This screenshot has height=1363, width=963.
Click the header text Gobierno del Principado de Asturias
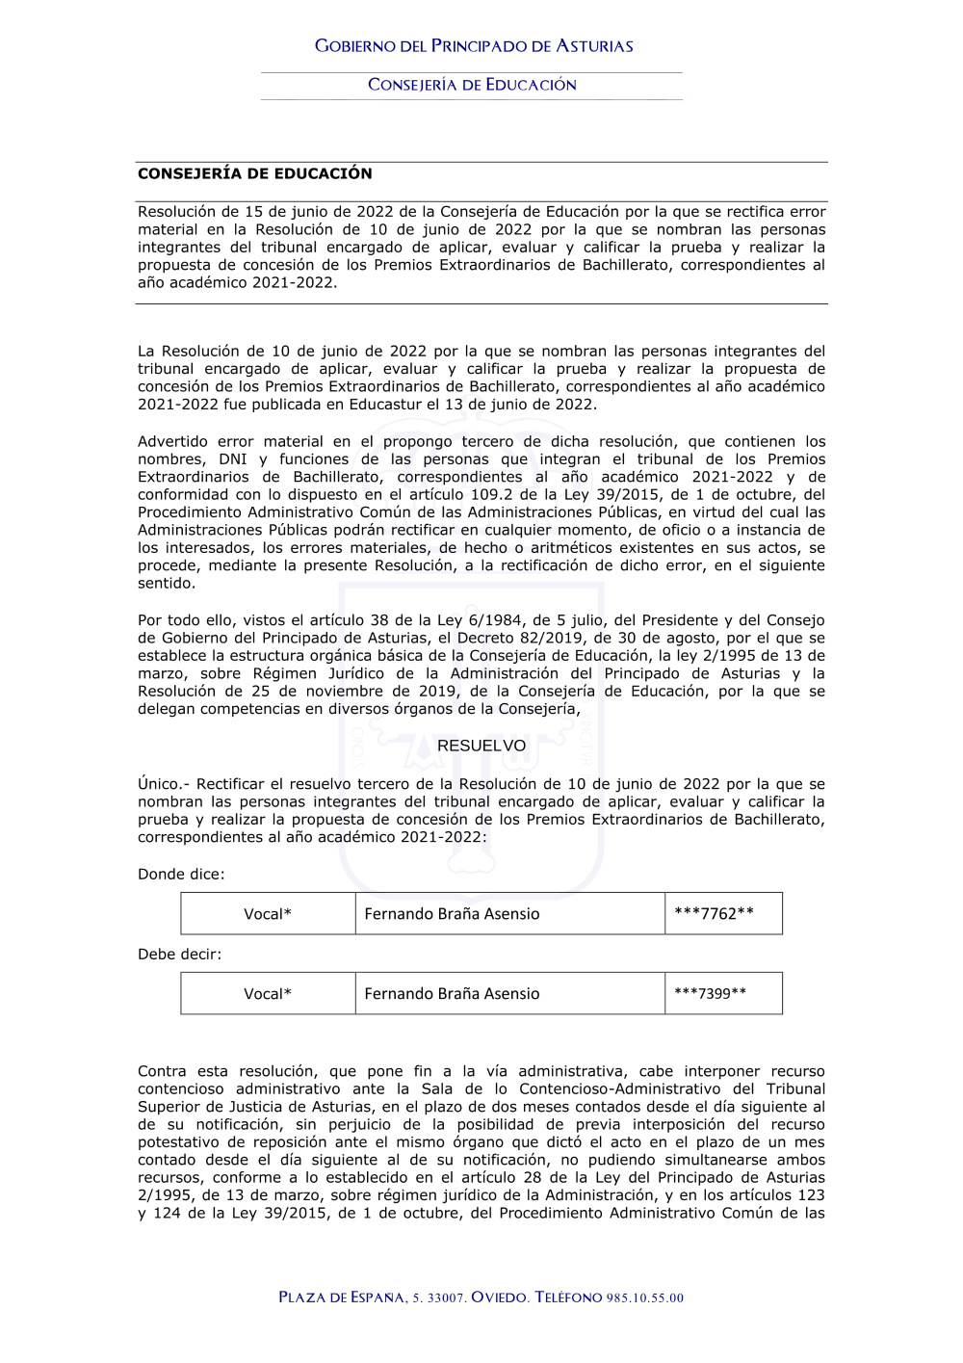tap(474, 46)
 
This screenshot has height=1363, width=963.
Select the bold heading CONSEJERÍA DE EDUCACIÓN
tap(254, 173)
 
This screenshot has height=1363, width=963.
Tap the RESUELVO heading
tap(481, 746)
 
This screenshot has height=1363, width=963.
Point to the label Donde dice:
tap(181, 874)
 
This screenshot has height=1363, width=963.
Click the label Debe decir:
tap(179, 954)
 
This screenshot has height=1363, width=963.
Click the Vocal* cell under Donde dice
tap(268, 913)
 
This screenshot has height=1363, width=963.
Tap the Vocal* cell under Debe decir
tap(268, 993)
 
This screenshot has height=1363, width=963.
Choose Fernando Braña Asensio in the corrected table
tap(452, 993)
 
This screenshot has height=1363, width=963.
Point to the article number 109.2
tap(492, 494)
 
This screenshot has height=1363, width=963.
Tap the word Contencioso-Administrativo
tap(619, 1088)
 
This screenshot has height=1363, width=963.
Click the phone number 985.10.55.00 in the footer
tap(645, 1297)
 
